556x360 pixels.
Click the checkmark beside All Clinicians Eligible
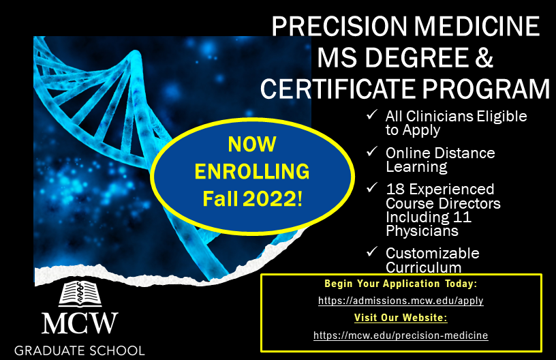tap(372, 115)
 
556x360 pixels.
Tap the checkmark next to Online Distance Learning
tap(372, 152)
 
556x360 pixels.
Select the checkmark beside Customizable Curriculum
tap(372, 252)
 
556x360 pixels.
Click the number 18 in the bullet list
tap(395, 189)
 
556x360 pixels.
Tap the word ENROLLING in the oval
tap(252, 171)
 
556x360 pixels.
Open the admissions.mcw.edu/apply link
tap(401, 301)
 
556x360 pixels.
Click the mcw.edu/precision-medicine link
tap(401, 335)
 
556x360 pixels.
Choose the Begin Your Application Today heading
tap(401, 284)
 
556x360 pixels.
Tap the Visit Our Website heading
tap(401, 318)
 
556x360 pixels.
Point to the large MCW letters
tap(80, 323)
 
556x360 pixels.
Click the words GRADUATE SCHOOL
tap(80, 350)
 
